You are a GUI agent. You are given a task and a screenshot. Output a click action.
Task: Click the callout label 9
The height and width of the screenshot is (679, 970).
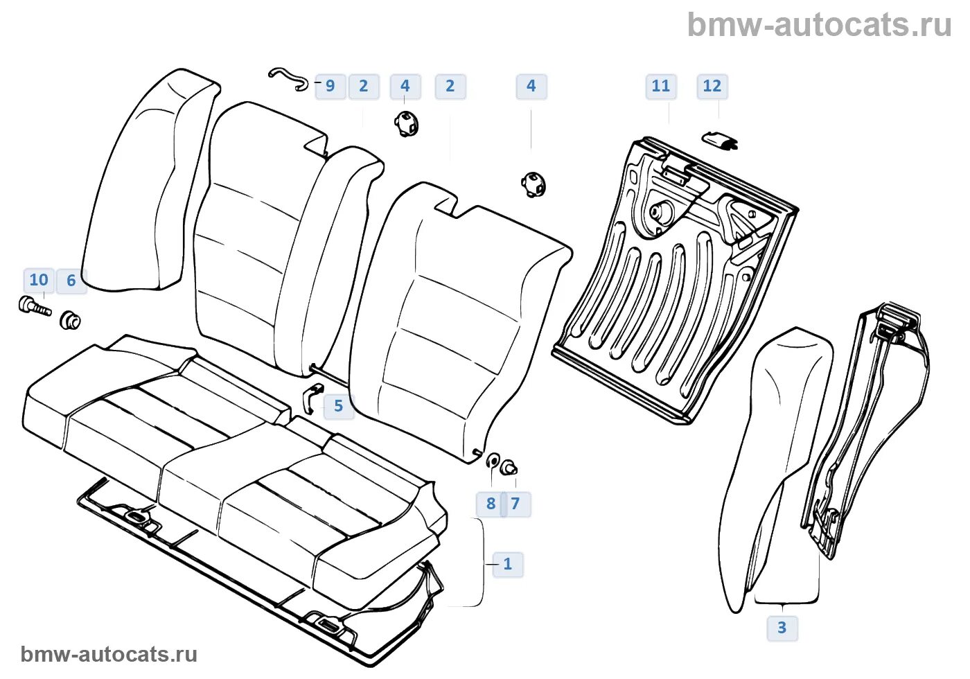[330, 87]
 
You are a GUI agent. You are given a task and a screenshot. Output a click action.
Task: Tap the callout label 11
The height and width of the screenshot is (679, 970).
[660, 87]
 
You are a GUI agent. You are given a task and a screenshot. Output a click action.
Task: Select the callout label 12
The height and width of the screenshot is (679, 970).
[712, 87]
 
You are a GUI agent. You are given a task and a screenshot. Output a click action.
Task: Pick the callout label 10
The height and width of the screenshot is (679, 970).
[39, 281]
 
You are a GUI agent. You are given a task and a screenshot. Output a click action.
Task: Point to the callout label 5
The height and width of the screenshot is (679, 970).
[338, 407]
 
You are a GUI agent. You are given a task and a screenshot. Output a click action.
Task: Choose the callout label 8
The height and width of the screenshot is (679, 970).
[491, 504]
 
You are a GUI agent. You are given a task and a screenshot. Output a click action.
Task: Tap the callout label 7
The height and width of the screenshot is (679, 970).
[515, 504]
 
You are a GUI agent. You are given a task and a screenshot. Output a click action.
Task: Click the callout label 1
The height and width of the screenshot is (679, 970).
[507, 565]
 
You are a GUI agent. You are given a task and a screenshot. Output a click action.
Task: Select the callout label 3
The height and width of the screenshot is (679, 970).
[782, 628]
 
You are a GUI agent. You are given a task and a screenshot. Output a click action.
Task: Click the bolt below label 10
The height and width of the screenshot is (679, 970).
[34, 306]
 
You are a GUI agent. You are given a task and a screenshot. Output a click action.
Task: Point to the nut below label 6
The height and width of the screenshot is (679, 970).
[70, 321]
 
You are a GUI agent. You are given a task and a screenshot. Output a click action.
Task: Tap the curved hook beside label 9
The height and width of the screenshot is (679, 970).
[289, 78]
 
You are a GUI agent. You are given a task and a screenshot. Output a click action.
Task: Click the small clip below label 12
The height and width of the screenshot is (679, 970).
[720, 141]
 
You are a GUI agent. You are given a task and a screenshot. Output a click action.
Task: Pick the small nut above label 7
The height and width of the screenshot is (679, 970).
[510, 468]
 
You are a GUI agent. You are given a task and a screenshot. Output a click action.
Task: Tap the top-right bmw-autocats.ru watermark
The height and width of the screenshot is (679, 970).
[819, 26]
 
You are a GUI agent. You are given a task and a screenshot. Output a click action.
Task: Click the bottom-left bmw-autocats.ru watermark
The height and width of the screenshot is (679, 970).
[109, 655]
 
